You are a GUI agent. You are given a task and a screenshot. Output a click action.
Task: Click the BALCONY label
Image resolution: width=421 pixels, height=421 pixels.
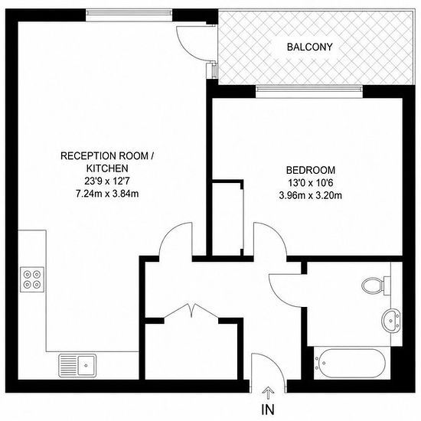309,47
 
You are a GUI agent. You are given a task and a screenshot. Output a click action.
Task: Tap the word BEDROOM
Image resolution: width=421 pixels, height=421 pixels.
311,170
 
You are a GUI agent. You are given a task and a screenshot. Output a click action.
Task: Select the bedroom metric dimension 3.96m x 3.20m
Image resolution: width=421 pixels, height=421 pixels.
311,195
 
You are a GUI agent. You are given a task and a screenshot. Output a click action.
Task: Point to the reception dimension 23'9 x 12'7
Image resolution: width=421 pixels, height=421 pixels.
107,181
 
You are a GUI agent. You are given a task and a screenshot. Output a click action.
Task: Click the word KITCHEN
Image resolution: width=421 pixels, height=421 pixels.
107,168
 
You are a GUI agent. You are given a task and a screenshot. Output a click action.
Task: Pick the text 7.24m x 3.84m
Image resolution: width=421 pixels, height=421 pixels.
107,194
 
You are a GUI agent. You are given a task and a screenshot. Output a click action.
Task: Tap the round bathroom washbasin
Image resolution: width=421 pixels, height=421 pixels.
391,321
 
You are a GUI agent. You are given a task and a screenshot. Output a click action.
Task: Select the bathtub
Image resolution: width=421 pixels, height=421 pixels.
351,364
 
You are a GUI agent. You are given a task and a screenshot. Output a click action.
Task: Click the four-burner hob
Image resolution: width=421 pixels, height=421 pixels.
32,279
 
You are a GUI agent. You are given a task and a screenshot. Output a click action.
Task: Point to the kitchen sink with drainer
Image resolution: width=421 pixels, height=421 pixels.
77,365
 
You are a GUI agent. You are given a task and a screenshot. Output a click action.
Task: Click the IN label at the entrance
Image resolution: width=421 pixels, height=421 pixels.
268,410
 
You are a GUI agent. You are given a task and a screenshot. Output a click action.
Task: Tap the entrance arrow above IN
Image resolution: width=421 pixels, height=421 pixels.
268,393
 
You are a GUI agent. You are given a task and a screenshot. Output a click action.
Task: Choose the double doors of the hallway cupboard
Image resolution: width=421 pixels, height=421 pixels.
191,311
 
